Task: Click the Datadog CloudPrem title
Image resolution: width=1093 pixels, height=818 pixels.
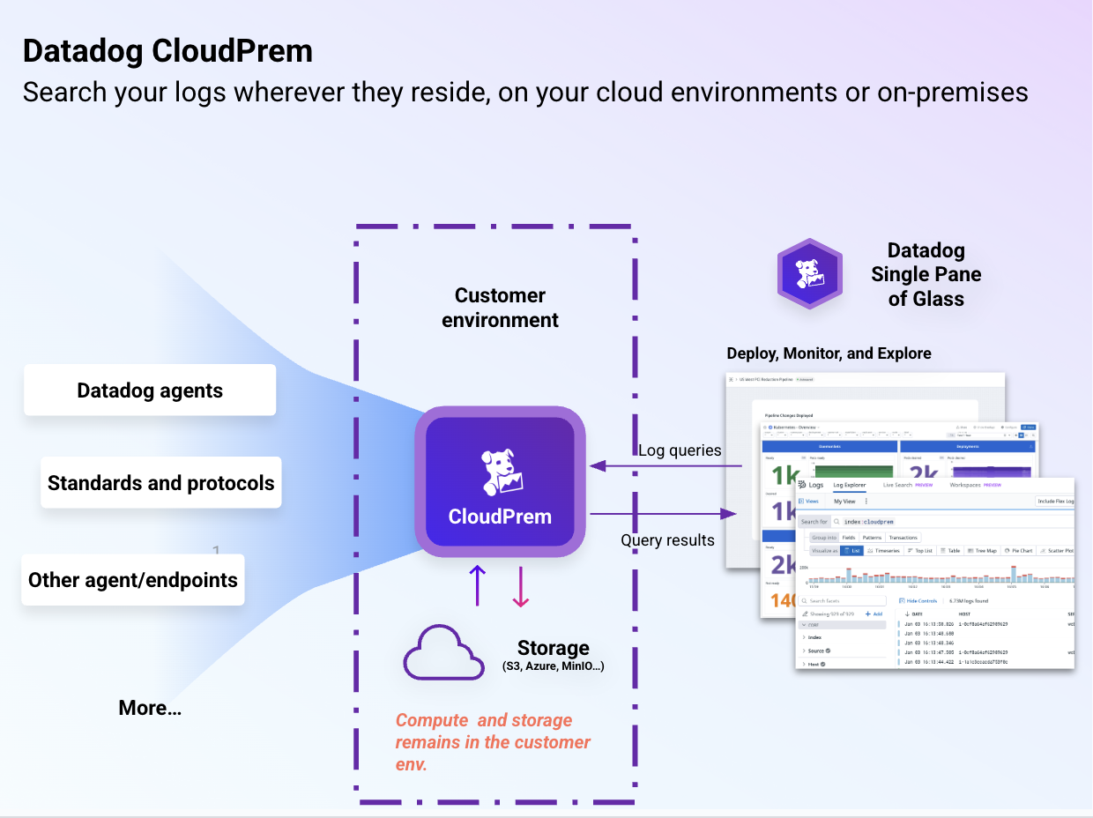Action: click(x=167, y=51)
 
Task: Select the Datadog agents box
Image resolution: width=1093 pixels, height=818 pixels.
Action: click(x=150, y=390)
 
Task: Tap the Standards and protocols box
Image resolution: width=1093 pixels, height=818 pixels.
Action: click(x=160, y=483)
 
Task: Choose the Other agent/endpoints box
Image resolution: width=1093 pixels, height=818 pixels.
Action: click(x=133, y=580)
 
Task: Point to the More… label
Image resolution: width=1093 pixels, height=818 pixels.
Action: click(x=150, y=708)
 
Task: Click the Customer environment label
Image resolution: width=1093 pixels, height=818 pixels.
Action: click(x=500, y=308)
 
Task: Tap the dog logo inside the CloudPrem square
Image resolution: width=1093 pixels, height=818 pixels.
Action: click(x=500, y=472)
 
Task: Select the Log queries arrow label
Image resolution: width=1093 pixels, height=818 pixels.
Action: click(x=680, y=450)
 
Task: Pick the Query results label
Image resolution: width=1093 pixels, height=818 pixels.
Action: click(x=667, y=540)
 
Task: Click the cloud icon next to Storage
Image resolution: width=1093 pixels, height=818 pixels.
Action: click(x=444, y=653)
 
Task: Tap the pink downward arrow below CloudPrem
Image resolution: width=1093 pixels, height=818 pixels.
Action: click(x=521, y=587)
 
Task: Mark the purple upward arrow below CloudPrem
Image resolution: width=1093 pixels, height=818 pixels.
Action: click(x=477, y=585)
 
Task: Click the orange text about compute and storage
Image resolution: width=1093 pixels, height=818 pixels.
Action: click(x=493, y=742)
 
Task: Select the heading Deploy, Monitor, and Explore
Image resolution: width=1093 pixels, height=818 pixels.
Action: click(x=829, y=353)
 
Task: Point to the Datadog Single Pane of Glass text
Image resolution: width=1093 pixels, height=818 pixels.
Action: click(x=926, y=274)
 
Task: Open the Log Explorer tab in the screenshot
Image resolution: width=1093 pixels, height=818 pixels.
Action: click(x=849, y=485)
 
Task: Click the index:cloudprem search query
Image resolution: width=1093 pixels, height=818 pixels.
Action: click(x=868, y=522)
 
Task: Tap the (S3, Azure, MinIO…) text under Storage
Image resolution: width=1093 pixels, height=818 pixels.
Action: click(x=553, y=666)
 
